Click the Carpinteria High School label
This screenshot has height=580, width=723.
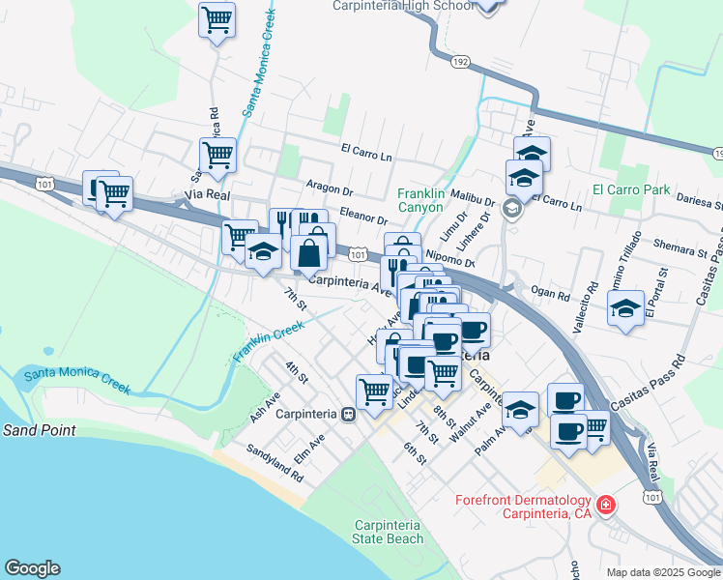click(x=402, y=6)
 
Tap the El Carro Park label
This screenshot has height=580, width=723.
click(x=631, y=189)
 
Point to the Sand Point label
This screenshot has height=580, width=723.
click(x=38, y=429)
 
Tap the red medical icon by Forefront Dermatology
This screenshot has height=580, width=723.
click(x=606, y=504)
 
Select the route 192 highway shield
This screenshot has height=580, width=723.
click(x=459, y=62)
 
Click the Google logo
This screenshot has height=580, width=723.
click(x=32, y=568)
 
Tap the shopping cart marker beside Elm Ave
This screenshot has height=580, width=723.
click(x=373, y=391)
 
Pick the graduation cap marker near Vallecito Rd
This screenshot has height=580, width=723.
click(x=625, y=309)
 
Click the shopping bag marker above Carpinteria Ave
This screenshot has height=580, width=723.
click(x=308, y=255)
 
